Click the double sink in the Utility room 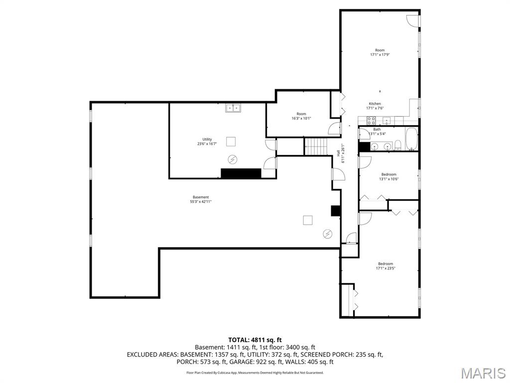233,108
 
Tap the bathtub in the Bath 412,139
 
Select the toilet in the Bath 398,146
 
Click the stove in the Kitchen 371,120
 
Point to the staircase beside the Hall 315,147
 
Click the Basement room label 201,197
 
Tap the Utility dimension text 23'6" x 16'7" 207,144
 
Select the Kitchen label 375,104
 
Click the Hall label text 339,155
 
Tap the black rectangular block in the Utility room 241,173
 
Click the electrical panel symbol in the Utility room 233,159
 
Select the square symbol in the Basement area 308,219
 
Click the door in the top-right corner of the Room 412,20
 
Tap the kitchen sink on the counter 386,120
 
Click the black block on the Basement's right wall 336,210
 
